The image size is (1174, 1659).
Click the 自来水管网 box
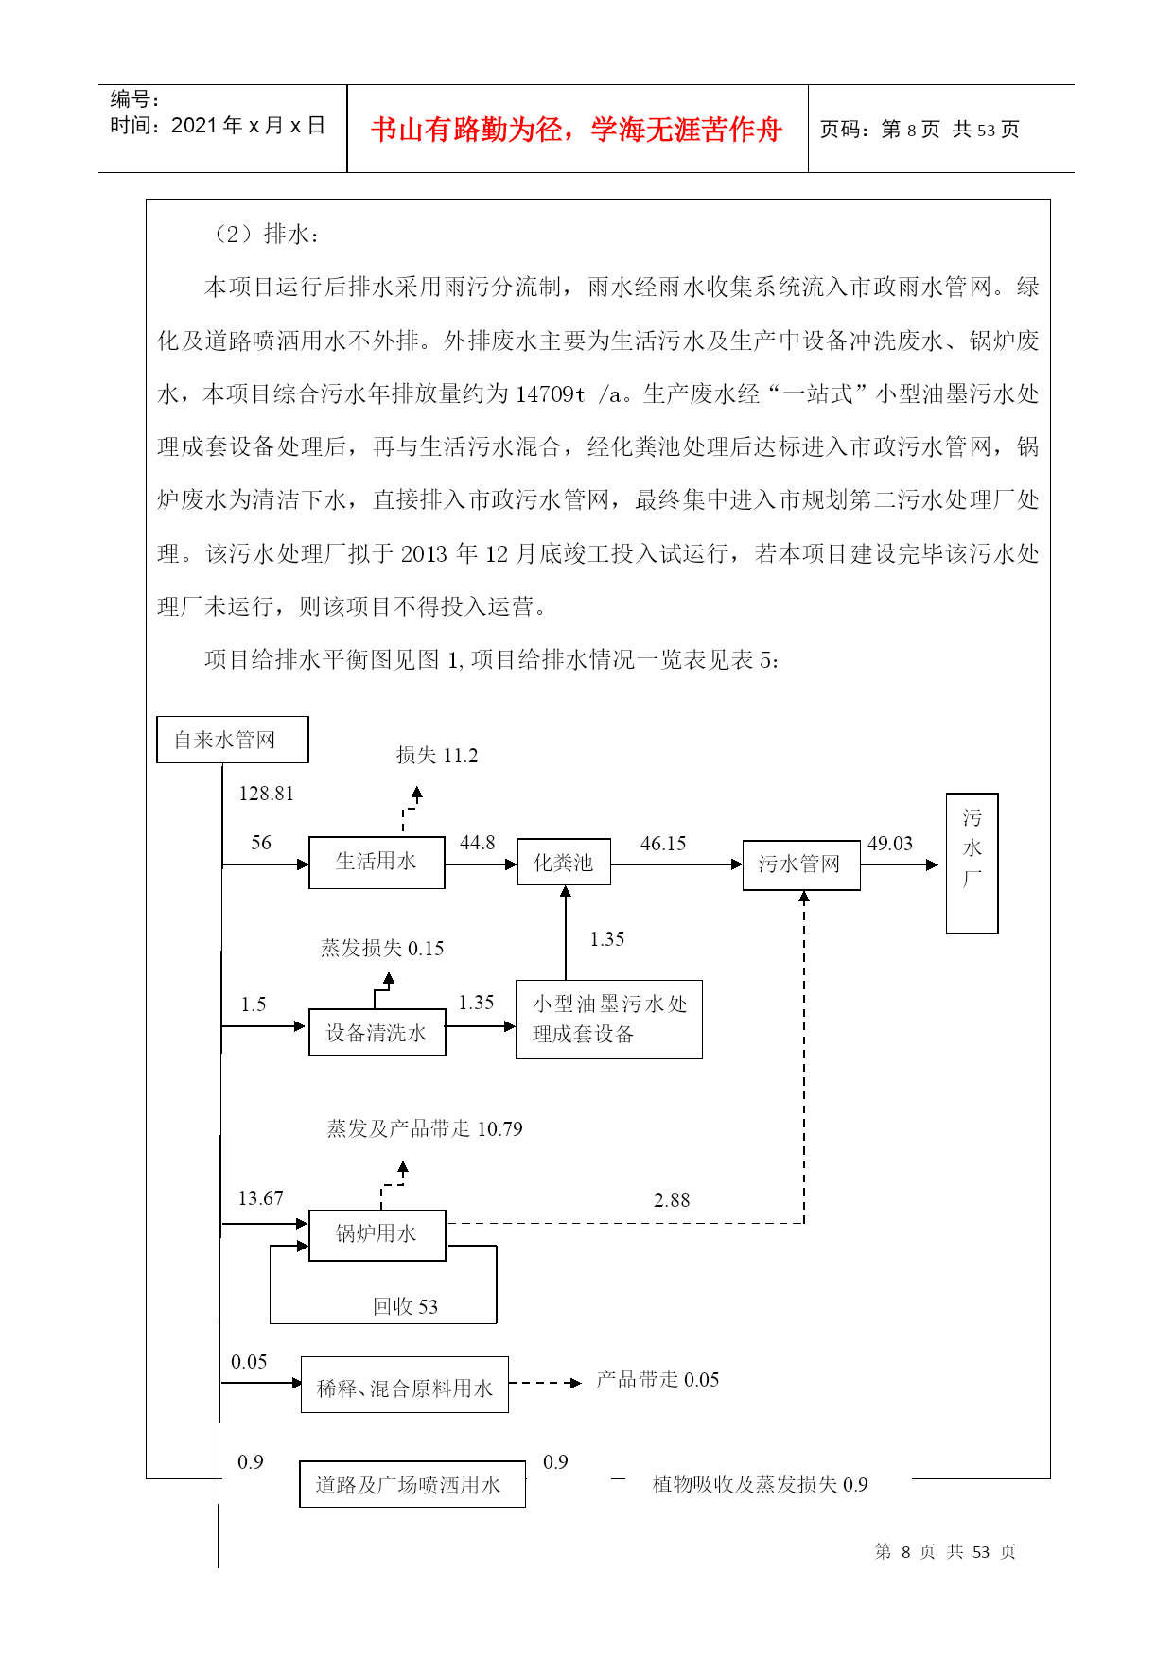[x=232, y=740]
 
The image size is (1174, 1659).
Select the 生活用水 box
[x=377, y=862]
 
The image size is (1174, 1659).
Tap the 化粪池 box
[x=564, y=863]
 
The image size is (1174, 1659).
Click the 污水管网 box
[x=801, y=864]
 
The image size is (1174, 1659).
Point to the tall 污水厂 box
[x=972, y=863]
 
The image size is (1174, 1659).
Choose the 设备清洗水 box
[x=377, y=1033]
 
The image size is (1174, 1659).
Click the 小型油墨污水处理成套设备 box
[x=609, y=1019]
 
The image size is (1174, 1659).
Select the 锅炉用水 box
[x=377, y=1234]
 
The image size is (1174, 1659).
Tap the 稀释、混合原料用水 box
[x=405, y=1385]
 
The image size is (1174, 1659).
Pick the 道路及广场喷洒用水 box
[x=412, y=1484]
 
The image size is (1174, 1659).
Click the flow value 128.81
[x=267, y=794]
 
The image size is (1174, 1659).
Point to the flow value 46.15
[x=663, y=844]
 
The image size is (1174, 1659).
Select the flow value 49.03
[x=890, y=844]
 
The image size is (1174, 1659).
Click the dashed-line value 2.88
[x=672, y=1200]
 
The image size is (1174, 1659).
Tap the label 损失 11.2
[x=437, y=755]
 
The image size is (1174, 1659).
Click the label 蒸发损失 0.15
[x=382, y=948]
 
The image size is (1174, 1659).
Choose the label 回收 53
[x=405, y=1306]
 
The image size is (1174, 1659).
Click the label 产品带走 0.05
[x=657, y=1379]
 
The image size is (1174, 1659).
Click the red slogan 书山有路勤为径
[x=467, y=129]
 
